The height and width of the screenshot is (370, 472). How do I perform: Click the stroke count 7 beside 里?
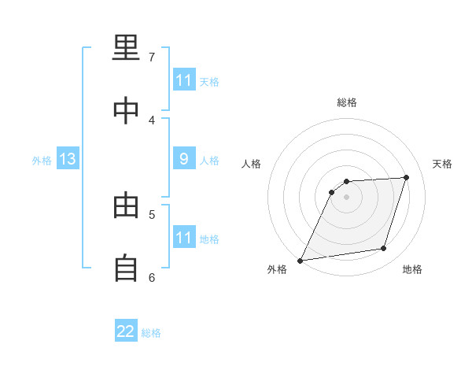(x=152, y=57)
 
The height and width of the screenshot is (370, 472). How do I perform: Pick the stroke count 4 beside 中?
(x=152, y=120)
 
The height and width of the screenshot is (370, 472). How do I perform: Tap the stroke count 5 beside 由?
(x=152, y=214)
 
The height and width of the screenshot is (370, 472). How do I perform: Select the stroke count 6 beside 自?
(x=152, y=277)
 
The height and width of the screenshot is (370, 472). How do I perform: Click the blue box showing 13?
(x=68, y=159)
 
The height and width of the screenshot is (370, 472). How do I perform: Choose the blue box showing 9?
(x=184, y=159)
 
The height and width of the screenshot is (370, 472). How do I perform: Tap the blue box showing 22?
(x=126, y=331)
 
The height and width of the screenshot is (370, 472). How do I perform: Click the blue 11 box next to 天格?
(x=184, y=80)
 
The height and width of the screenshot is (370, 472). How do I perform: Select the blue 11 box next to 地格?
(x=184, y=238)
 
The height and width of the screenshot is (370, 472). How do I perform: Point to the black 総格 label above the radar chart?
(x=347, y=102)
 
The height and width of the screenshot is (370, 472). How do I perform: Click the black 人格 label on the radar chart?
(x=252, y=164)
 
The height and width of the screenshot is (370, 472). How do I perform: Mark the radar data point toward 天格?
(x=407, y=177)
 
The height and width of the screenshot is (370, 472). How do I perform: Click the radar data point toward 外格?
(x=301, y=260)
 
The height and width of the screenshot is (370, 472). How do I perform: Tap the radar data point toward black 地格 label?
(x=384, y=249)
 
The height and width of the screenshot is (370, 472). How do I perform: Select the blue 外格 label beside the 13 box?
(x=42, y=160)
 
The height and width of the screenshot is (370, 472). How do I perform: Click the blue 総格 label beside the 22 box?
(x=151, y=332)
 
